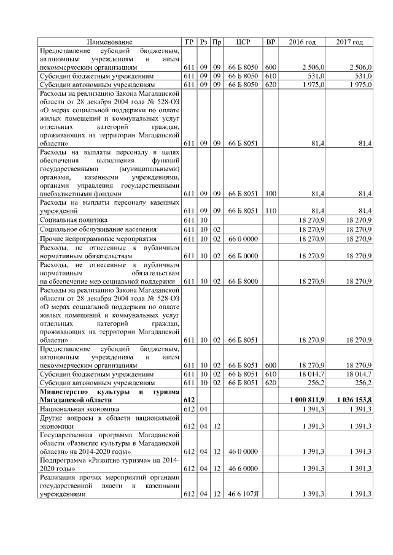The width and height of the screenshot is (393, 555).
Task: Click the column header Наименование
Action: [110, 42]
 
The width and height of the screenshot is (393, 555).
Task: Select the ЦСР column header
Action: [243, 42]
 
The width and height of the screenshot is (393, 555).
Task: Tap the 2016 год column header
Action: [302, 42]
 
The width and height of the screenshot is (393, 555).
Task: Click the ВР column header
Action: [270, 42]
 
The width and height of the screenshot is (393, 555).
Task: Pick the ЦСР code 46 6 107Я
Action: [243, 494]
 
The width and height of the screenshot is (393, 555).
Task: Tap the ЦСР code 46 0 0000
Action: [243, 451]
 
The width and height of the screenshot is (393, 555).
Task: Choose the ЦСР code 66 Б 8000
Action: [243, 281]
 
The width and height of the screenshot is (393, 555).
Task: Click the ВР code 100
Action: [270, 193]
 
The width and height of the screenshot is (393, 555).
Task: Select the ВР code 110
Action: [270, 210]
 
